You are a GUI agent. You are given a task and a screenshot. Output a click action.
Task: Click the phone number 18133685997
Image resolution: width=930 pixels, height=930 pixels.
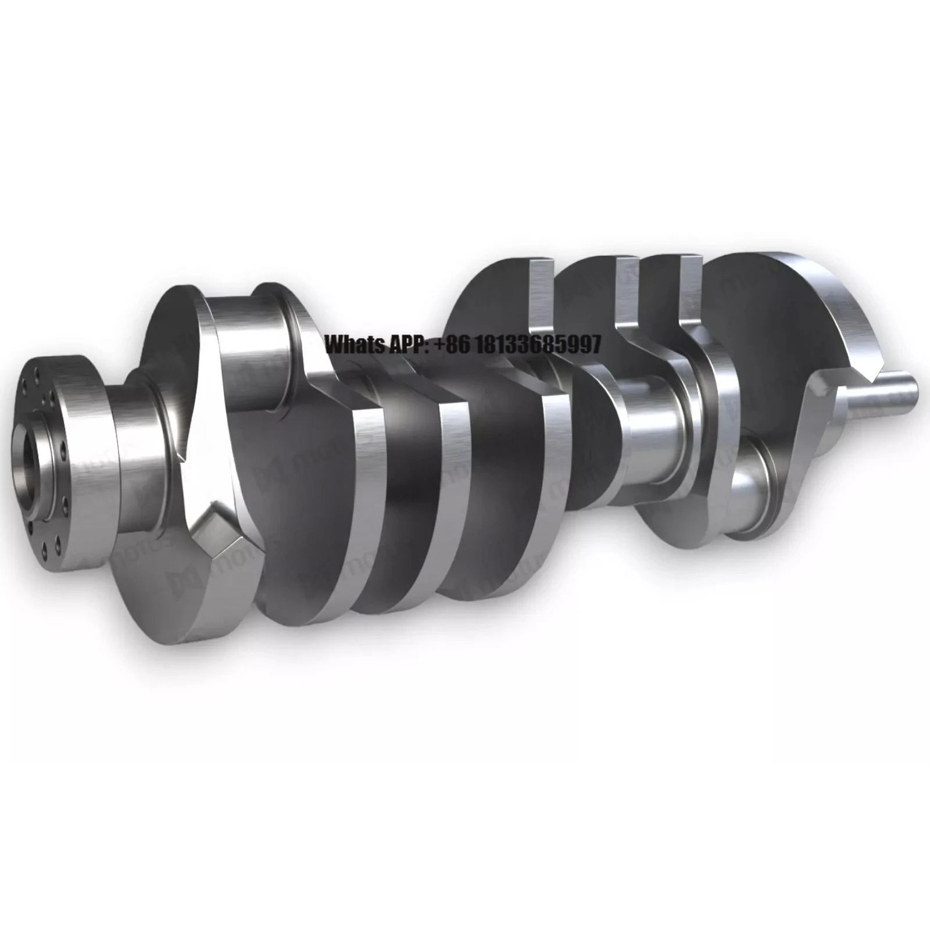point(538,345)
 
